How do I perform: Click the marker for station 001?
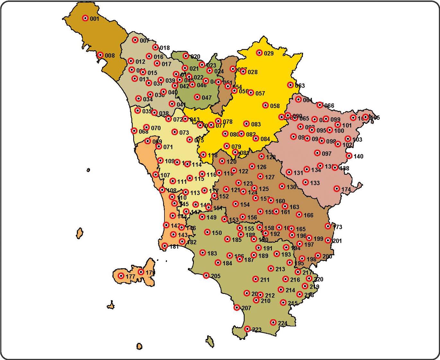pos(85,18)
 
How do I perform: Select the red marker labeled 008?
pos(100,55)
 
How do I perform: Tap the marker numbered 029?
pos(259,53)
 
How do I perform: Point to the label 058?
pos(275,106)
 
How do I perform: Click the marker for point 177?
pos(121,276)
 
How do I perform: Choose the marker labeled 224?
pos(273,322)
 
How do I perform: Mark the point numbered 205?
pos(206,276)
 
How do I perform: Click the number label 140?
pos(358,156)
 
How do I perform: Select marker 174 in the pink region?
pos(337,189)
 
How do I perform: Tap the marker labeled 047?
pos(197,97)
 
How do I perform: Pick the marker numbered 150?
pos(207,232)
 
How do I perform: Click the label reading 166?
pos(308,215)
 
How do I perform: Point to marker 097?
pos(317,153)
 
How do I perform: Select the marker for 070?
pos(146,127)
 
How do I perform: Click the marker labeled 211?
pos(256,279)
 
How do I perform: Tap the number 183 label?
pos(212,253)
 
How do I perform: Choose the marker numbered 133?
pos(306,182)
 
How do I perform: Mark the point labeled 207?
pos(237,307)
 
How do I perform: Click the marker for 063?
pos(290,85)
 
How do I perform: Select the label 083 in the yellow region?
pos(256,124)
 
